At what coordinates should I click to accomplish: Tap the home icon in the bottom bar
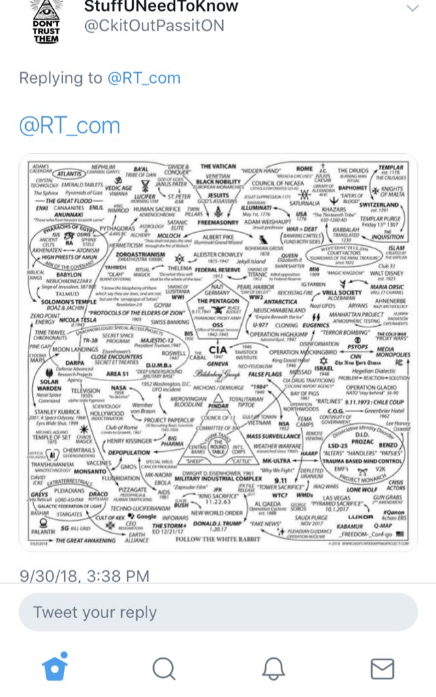click(55, 669)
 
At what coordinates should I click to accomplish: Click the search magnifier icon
click(163, 669)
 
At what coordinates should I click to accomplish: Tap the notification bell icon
click(273, 669)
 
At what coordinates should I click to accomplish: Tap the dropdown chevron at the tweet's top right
click(411, 8)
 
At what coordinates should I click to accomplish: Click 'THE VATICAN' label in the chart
click(219, 166)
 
